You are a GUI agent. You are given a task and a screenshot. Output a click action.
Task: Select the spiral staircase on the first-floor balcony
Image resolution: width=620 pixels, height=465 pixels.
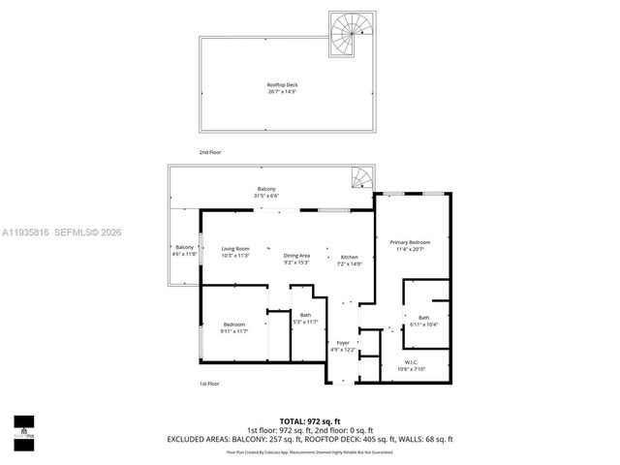(x=360, y=178)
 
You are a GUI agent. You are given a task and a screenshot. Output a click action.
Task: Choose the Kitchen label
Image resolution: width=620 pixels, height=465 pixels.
(x=349, y=256)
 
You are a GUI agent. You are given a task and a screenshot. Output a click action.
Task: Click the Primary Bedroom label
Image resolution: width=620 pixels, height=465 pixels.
(x=410, y=242)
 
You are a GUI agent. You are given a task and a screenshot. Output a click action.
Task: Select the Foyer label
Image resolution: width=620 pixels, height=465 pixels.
(x=343, y=343)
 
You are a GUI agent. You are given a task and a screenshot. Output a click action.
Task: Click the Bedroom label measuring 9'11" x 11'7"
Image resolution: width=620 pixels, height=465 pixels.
(x=234, y=325)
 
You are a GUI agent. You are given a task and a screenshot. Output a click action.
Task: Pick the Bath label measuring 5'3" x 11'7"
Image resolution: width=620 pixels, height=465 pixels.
(x=305, y=315)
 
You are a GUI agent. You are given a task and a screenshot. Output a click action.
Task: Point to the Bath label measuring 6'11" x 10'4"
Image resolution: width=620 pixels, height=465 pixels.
(x=423, y=318)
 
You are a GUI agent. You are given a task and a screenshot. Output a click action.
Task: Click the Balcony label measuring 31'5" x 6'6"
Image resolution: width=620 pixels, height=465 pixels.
(x=266, y=189)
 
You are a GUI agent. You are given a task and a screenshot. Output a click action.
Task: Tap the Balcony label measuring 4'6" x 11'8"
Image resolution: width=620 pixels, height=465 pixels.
(x=185, y=247)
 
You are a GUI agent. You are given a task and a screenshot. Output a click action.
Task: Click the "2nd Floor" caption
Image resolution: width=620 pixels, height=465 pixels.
(x=209, y=153)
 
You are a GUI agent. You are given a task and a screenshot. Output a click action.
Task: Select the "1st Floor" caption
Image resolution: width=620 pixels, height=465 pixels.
(x=209, y=385)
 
